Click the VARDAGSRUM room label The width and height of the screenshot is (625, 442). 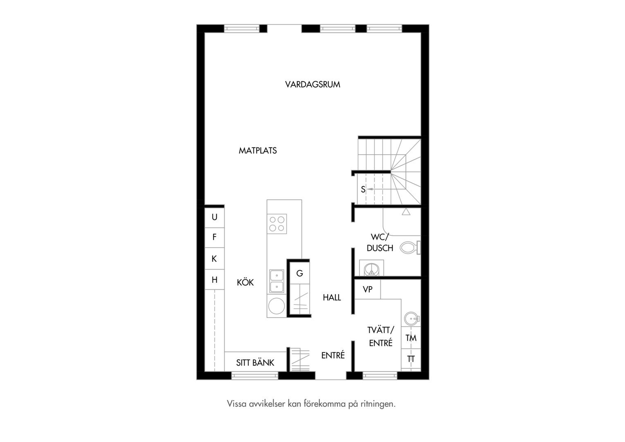click(x=312, y=84)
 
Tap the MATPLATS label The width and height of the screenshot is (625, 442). click(x=258, y=151)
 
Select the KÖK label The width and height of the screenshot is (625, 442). click(x=245, y=282)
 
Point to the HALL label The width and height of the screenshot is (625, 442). click(x=332, y=298)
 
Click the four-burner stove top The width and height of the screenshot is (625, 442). click(x=277, y=223)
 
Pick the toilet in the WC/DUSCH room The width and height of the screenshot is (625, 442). click(x=410, y=247)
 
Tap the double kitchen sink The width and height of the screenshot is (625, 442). click(x=277, y=282)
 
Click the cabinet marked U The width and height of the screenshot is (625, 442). click(x=215, y=217)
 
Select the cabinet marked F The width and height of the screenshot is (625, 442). click(x=215, y=237)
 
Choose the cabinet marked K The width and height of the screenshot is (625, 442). click(x=215, y=259)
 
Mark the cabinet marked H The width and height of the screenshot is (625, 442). click(x=215, y=280)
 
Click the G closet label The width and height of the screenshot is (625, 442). click(x=300, y=273)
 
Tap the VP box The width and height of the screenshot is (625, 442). click(x=367, y=289)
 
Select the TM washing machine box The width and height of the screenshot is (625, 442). click(x=411, y=338)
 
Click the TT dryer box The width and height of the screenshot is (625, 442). click(x=411, y=359)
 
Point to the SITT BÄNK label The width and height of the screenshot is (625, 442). click(x=255, y=363)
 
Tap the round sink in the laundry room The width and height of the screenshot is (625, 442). click(x=412, y=318)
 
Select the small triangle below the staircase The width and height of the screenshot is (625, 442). click(x=406, y=212)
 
